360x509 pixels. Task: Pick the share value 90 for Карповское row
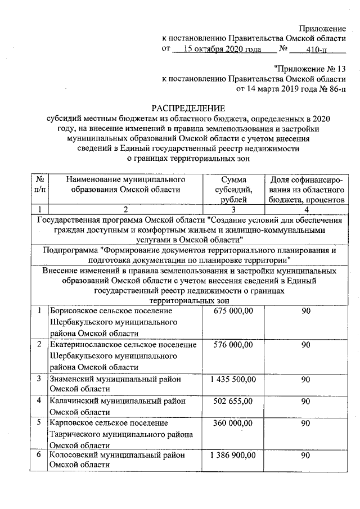click(x=305, y=423)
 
